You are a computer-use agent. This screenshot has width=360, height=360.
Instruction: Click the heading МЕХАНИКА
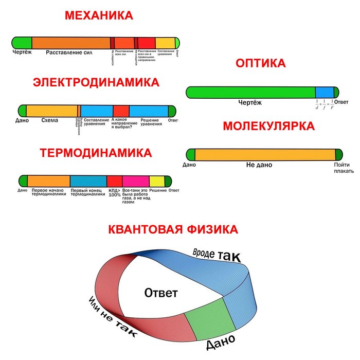[x=99, y=15]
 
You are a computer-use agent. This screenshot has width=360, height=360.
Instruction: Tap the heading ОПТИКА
[x=260, y=64]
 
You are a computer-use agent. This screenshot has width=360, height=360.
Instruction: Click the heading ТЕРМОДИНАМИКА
[x=96, y=153]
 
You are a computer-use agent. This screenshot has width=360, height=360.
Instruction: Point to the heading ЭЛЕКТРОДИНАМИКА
[x=96, y=83]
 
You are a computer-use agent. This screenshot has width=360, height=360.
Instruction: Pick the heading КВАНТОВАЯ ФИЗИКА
[x=173, y=229]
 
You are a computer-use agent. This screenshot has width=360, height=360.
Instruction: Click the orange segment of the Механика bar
[x=71, y=43]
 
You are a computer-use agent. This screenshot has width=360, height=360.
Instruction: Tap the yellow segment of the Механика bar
[x=165, y=43]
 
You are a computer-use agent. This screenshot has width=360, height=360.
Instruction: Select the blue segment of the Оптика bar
[x=324, y=93]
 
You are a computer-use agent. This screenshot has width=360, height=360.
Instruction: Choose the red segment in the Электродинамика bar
[x=121, y=111]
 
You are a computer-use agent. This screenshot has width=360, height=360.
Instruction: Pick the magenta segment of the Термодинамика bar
[x=135, y=181]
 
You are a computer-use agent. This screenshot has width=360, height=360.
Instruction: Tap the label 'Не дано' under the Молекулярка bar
[x=259, y=165]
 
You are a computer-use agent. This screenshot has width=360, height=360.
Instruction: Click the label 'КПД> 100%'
[x=114, y=192]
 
